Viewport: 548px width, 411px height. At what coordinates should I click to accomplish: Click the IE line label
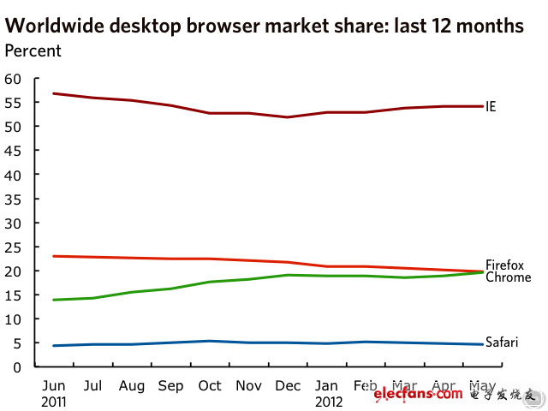(491, 107)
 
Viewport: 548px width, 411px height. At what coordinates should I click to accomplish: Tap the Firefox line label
(503, 265)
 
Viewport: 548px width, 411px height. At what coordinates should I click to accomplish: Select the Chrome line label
(508, 277)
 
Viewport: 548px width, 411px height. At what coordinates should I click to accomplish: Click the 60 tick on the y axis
(13, 79)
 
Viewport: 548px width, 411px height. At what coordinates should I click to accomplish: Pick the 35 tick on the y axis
(13, 199)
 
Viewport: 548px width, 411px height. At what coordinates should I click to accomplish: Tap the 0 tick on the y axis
(17, 367)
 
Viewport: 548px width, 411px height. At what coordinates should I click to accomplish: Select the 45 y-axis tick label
(13, 151)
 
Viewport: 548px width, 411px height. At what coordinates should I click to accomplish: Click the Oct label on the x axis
(211, 386)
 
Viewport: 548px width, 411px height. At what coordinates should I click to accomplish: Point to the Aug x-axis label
(133, 386)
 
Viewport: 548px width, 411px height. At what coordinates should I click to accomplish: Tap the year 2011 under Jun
(55, 401)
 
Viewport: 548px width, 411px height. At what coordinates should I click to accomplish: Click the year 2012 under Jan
(330, 401)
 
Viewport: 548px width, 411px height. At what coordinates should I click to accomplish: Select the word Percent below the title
(33, 51)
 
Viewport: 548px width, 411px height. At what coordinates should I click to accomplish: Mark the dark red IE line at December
(289, 117)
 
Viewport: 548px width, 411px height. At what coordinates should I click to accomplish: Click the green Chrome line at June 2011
(54, 300)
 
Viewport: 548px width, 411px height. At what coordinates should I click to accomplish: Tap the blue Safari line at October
(211, 341)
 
